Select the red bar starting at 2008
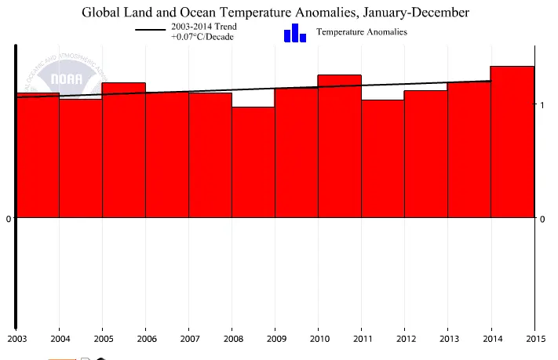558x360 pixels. pyautogui.click(x=253, y=162)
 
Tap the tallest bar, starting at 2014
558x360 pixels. pyautogui.click(x=512, y=141)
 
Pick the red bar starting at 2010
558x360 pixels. pyautogui.click(x=339, y=146)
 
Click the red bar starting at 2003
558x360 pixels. pyautogui.click(x=38, y=155)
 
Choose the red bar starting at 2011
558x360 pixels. pyautogui.click(x=382, y=158)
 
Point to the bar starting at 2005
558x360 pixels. pyautogui.click(x=123, y=150)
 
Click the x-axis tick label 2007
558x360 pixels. pyautogui.click(x=188, y=338)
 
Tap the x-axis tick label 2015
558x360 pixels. pyautogui.click(x=534, y=338)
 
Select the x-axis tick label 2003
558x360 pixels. pyautogui.click(x=16, y=338)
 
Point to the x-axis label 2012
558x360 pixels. pyautogui.click(x=404, y=338)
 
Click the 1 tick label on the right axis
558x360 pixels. pyautogui.click(x=542, y=104)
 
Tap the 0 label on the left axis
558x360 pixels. pyautogui.click(x=8, y=219)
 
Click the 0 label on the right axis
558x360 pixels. pyautogui.click(x=542, y=219)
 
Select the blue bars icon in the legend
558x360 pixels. pyautogui.click(x=294, y=33)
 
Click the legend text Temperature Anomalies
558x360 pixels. pyautogui.click(x=361, y=32)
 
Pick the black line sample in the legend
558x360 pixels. pyautogui.click(x=150, y=31)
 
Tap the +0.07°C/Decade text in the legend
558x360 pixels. pyautogui.click(x=203, y=37)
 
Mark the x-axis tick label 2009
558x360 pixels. pyautogui.click(x=275, y=338)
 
